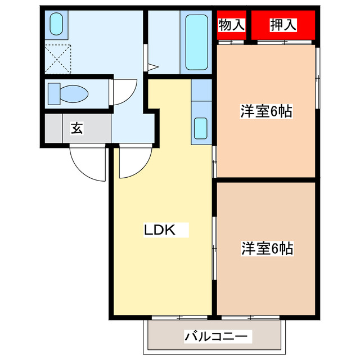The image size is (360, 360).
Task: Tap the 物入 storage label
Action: tap(231, 25)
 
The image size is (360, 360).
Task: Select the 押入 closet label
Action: tap(283, 25)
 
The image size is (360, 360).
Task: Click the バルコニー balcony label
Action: tap(215, 337)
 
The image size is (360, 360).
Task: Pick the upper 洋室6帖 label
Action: tap(266, 111)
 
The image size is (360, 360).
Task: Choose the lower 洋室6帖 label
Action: tap(267, 247)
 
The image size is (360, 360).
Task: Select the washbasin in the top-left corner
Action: tap(56, 24)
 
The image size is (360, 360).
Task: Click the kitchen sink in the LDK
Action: tap(201, 129)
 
